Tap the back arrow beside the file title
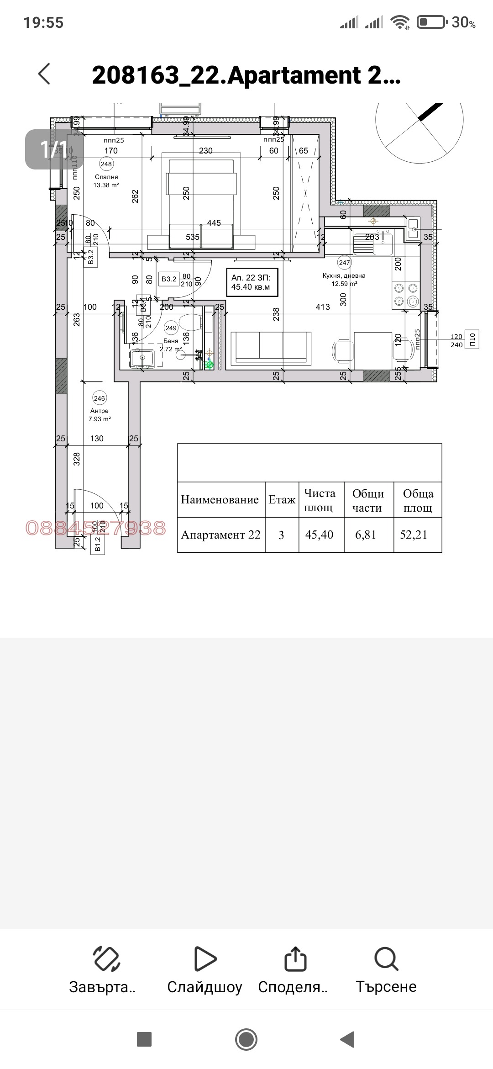tap(44, 74)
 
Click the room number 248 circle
tap(106, 164)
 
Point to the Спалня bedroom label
tap(106, 177)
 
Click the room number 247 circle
tap(344, 263)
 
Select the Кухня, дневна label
tap(344, 276)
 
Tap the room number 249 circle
tap(171, 328)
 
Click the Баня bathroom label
tap(171, 341)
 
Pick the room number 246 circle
tap(99, 398)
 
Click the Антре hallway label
tap(99, 411)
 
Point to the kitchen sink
tap(373, 244)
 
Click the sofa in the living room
tap(271, 349)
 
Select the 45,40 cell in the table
tap(319, 535)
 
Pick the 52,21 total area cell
tap(414, 535)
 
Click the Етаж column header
tap(282, 500)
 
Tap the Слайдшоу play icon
tap(205, 958)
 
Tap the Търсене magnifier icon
tap(386, 958)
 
